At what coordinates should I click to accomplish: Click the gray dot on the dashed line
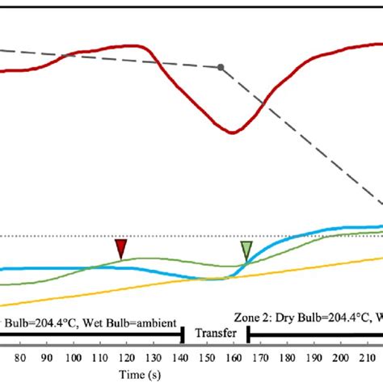tap(221, 67)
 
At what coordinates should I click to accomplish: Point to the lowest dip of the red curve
tap(233, 132)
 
